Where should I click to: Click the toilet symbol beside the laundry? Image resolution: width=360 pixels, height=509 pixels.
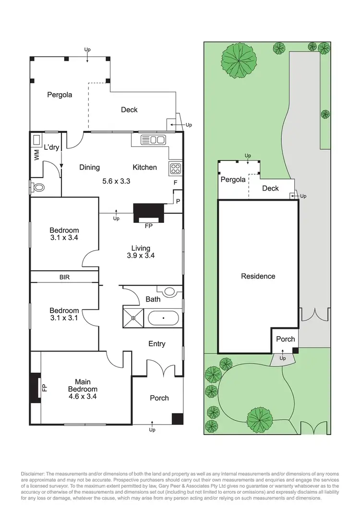tap(37, 187)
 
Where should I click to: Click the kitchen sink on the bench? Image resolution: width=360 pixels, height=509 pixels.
tap(154, 140)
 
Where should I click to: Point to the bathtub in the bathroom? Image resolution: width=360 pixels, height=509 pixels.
tap(163, 317)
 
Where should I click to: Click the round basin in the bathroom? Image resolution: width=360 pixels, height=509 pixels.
tap(168, 291)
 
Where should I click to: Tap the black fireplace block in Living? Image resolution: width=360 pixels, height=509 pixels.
tap(148, 212)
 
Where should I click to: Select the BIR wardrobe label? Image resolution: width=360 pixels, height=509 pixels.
tap(65, 277)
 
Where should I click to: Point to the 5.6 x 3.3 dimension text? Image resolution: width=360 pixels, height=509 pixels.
tap(117, 181)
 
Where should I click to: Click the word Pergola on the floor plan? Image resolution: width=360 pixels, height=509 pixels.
tap(60, 95)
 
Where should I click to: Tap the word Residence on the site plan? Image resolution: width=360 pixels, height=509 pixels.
tap(258, 276)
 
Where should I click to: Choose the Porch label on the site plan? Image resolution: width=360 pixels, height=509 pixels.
tap(286, 339)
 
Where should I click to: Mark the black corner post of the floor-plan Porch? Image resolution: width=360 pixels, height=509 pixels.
tap(177, 419)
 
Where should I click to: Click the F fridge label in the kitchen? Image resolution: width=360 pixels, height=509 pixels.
tap(175, 183)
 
